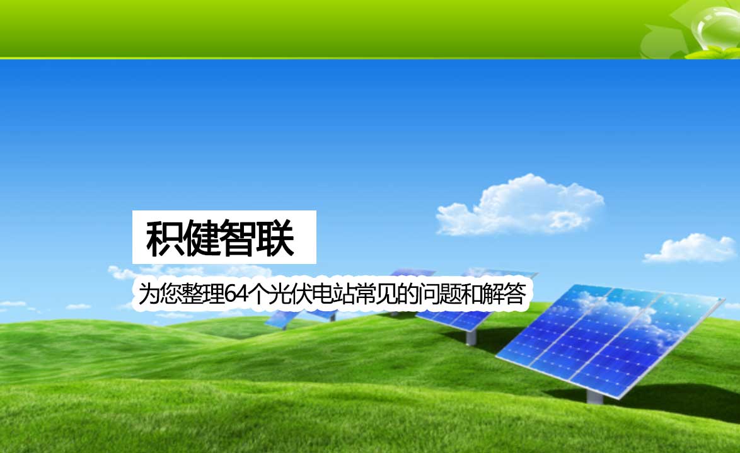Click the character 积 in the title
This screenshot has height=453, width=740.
(164, 238)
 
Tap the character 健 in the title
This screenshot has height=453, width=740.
(200, 238)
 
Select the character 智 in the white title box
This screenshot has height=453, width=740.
(238, 238)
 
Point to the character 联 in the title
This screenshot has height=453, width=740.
(275, 238)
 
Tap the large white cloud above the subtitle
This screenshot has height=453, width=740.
(519, 206)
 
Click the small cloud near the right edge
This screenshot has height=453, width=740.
(690, 249)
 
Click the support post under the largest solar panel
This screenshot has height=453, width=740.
(594, 396)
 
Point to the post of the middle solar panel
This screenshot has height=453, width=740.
(470, 337)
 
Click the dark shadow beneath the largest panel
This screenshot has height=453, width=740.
(661, 399)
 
